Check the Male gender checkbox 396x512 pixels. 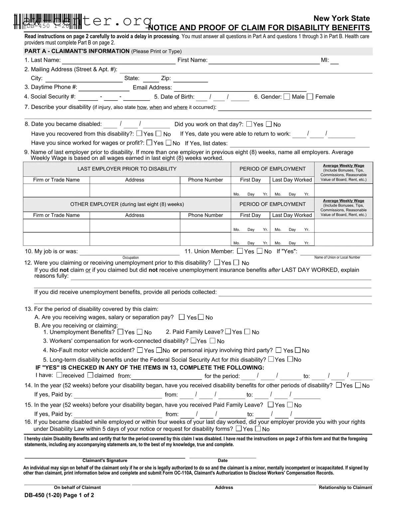(x=287, y=97)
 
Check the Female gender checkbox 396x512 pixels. (x=310, y=97)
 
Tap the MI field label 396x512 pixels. (x=325, y=60)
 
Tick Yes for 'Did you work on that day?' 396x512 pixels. (x=249, y=124)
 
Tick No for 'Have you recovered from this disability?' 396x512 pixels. (x=159, y=134)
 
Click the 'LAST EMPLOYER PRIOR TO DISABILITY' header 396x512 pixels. (x=127, y=169)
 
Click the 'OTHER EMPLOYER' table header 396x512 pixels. (x=127, y=204)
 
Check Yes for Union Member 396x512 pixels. (x=240, y=251)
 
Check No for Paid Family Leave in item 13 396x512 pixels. (x=247, y=332)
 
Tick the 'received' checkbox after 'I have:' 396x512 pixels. (x=59, y=375)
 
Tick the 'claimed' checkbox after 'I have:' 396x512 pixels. (x=90, y=375)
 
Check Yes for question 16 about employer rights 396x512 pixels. (x=238, y=429)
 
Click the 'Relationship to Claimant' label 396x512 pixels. (x=345, y=487)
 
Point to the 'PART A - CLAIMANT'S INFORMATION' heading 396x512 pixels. (x=77, y=51)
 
